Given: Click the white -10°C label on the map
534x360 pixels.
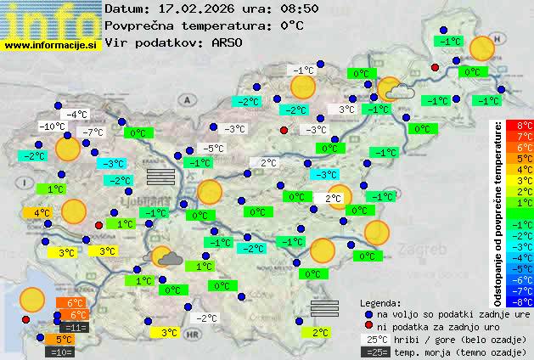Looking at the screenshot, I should (x=53, y=127).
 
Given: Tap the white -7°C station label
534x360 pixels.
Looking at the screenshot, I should (x=92, y=132).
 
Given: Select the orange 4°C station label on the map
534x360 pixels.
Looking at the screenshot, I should (x=42, y=213).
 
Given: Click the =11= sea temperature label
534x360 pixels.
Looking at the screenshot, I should (x=75, y=327).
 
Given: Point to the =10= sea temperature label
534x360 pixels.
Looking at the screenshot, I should (x=63, y=351).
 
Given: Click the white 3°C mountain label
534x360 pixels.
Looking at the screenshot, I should (x=346, y=110).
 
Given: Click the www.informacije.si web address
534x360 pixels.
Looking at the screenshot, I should (x=51, y=45).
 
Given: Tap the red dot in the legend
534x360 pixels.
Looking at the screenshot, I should (x=368, y=325).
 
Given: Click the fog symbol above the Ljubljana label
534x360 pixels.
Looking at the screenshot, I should (x=160, y=176).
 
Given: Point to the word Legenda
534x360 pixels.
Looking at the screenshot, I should (x=381, y=302).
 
